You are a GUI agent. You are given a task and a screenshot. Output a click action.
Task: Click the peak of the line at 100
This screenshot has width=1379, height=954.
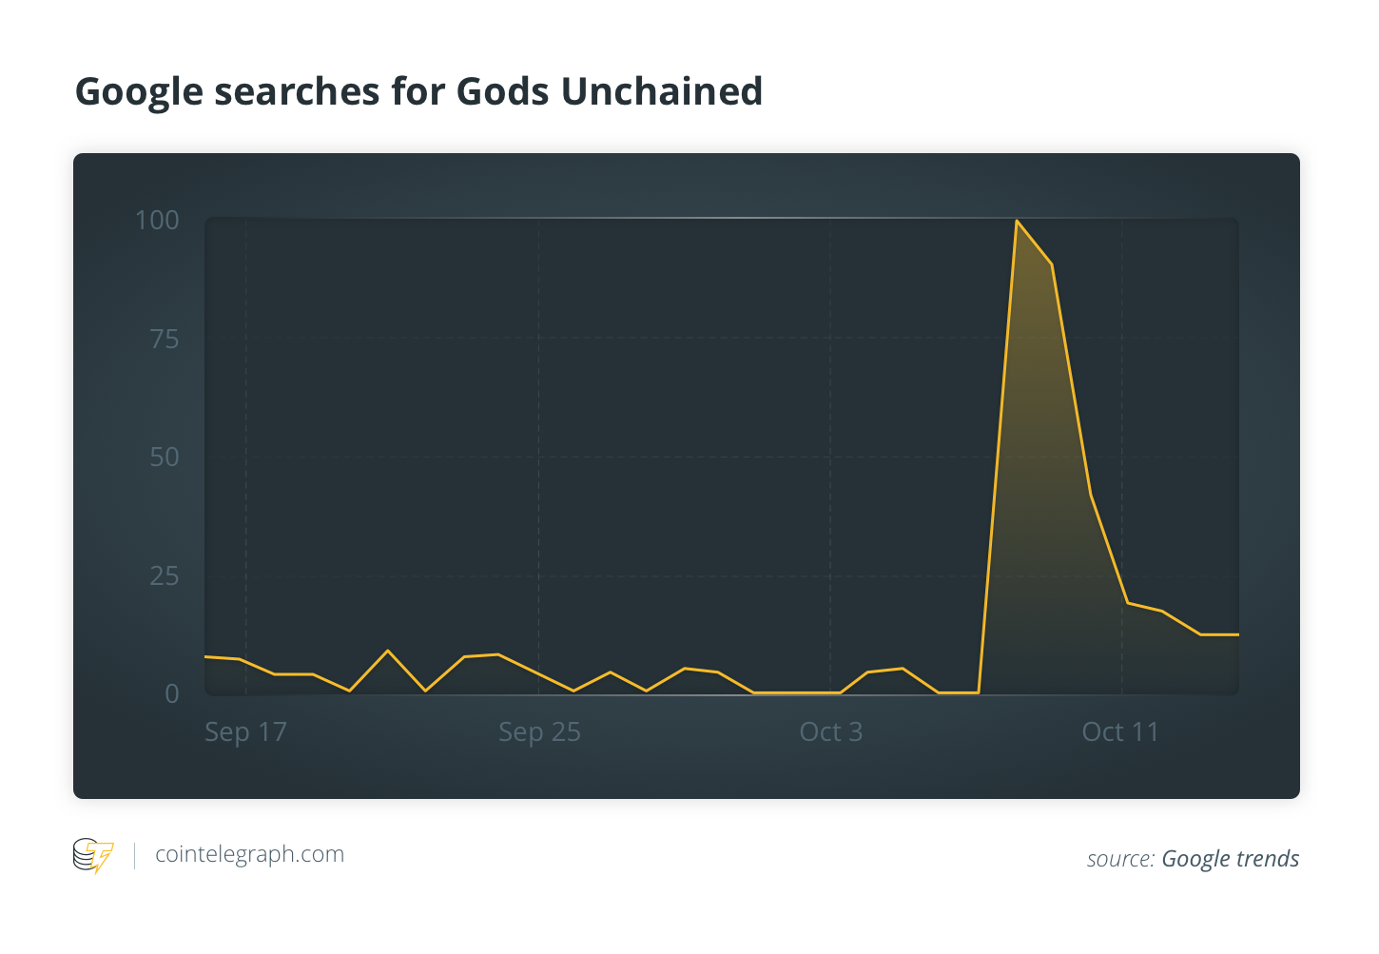tap(1017, 221)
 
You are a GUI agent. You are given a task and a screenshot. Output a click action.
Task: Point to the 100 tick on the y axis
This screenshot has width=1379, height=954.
tap(157, 221)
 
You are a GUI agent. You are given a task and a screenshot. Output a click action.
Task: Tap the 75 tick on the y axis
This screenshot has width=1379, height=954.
tap(165, 340)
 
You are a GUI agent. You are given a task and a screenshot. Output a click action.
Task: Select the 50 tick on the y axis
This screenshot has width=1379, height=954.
tap(165, 458)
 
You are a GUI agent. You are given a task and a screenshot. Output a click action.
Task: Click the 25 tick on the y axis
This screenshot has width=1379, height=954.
tap(165, 576)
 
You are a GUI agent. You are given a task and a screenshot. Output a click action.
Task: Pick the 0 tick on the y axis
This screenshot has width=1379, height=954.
tap(172, 694)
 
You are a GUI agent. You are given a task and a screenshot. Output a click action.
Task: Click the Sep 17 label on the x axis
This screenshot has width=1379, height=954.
tap(245, 732)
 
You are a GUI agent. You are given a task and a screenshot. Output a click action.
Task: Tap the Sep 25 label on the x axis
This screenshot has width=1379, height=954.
tap(539, 732)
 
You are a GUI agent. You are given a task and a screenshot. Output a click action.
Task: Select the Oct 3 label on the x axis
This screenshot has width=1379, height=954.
tap(830, 732)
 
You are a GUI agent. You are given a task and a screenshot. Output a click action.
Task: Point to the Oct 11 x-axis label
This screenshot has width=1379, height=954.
tap(1120, 732)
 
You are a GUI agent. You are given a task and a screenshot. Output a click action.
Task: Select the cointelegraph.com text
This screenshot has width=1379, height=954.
tap(249, 854)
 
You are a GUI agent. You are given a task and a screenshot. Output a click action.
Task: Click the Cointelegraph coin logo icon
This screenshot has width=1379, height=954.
tap(92, 855)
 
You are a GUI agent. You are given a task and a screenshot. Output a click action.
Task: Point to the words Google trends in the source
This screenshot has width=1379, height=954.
tap(1230, 859)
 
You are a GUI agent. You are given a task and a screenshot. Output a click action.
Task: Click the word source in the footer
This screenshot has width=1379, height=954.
tap(1119, 859)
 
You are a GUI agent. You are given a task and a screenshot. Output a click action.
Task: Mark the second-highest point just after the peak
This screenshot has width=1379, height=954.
tap(1051, 263)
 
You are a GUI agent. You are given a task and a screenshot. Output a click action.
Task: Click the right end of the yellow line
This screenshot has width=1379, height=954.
tap(1237, 634)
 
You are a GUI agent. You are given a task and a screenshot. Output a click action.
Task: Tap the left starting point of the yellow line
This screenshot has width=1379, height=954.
tap(206, 656)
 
